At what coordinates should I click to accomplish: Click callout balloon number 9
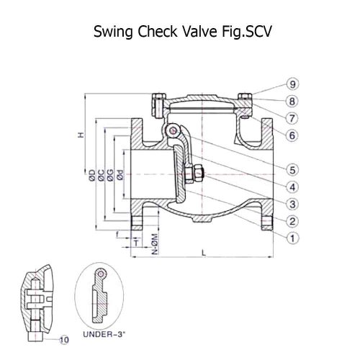pyautogui.click(x=292, y=84)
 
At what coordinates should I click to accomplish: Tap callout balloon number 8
pyautogui.click(x=292, y=102)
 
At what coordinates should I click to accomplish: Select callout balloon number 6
pyautogui.click(x=292, y=135)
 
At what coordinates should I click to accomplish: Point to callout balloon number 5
pyautogui.click(x=292, y=170)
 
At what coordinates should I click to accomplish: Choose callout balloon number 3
pyautogui.click(x=292, y=204)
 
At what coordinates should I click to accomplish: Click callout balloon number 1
pyautogui.click(x=292, y=238)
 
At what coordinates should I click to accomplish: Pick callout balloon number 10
pyautogui.click(x=64, y=340)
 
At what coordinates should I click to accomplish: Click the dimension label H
pyautogui.click(x=81, y=135)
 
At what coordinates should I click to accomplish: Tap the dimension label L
pyautogui.click(x=204, y=253)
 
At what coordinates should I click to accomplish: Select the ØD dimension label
pyautogui.click(x=92, y=175)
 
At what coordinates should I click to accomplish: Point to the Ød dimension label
pyautogui.click(x=120, y=175)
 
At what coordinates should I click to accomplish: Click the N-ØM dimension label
pyautogui.click(x=156, y=244)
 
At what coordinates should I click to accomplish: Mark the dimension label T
pyautogui.click(x=136, y=243)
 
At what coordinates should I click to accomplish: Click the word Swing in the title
pyautogui.click(x=113, y=32)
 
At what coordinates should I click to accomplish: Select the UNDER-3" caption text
pyautogui.click(x=104, y=334)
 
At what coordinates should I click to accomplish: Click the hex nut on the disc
pyautogui.click(x=199, y=174)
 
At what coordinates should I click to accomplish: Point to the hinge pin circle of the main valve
pyautogui.click(x=173, y=131)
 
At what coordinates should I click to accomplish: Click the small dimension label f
pyautogui.click(x=117, y=235)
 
